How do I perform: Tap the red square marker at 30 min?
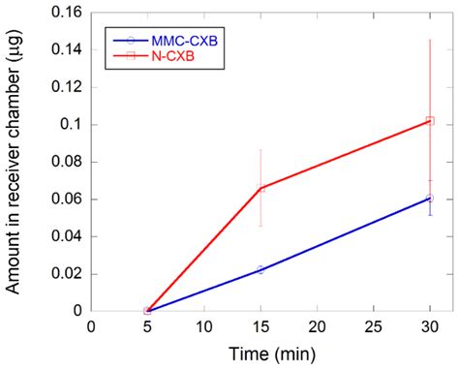click(430, 121)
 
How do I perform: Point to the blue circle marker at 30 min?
click(430, 198)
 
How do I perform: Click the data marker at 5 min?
click(147, 311)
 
